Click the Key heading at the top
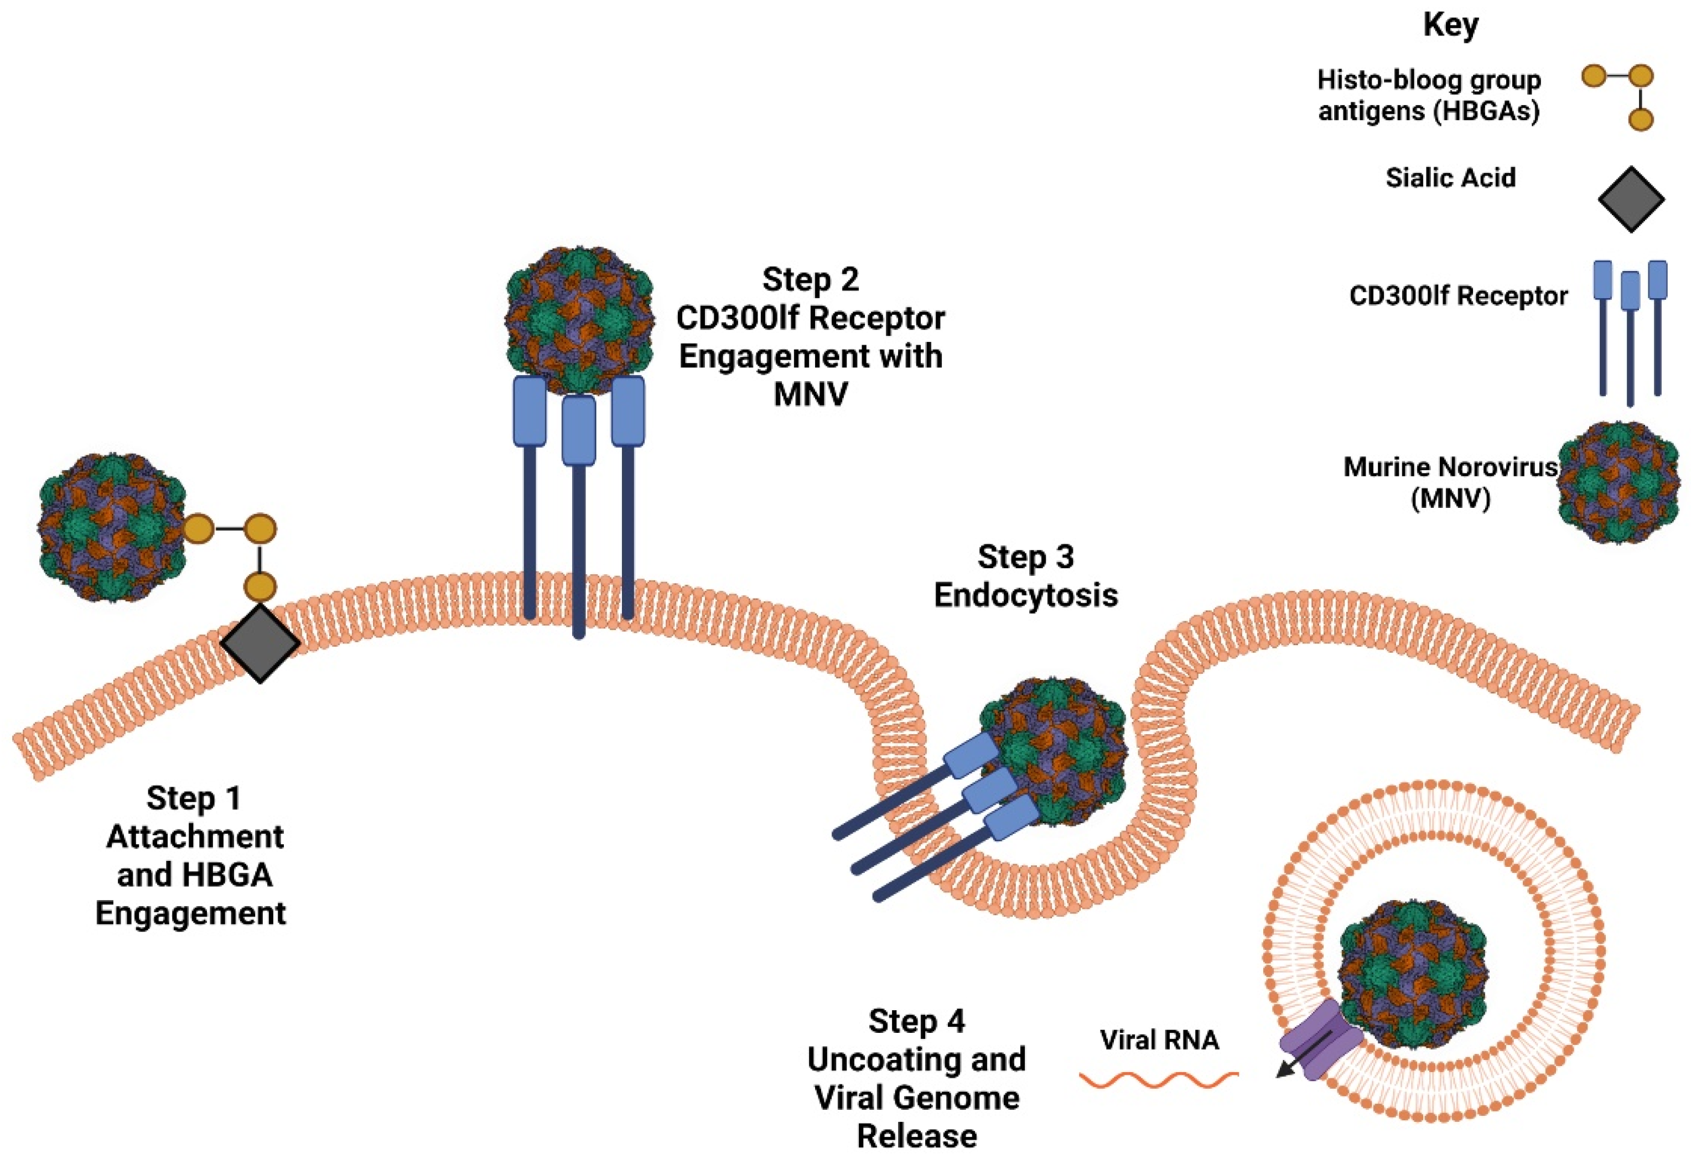click(x=1450, y=25)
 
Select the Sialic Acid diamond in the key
click(x=1631, y=199)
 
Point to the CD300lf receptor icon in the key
click(x=1630, y=331)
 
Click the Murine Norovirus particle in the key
click(x=1619, y=483)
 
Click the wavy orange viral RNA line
click(x=1158, y=1080)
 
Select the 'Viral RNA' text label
click(x=1158, y=1040)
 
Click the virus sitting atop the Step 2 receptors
click(x=579, y=320)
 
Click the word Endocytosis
click(x=1025, y=595)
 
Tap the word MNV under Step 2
click(x=810, y=394)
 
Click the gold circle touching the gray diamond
click(x=260, y=586)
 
